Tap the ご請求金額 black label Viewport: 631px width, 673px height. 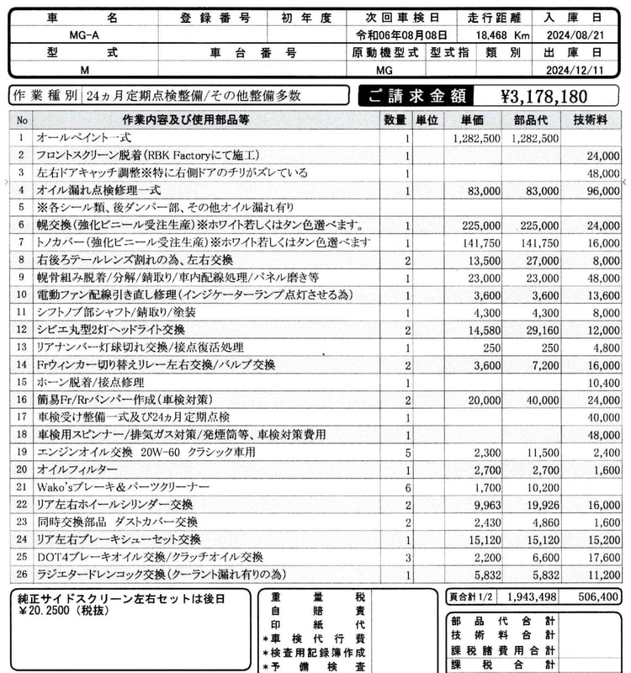pos(411,95)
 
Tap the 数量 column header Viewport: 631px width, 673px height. pos(395,119)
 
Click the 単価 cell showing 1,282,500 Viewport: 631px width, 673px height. pos(477,138)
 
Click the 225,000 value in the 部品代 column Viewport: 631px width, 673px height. pos(534,225)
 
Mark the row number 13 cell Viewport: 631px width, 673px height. pos(20,347)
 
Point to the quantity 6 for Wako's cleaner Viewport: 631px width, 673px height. pos(407,486)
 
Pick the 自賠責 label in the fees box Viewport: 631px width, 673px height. pos(312,612)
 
